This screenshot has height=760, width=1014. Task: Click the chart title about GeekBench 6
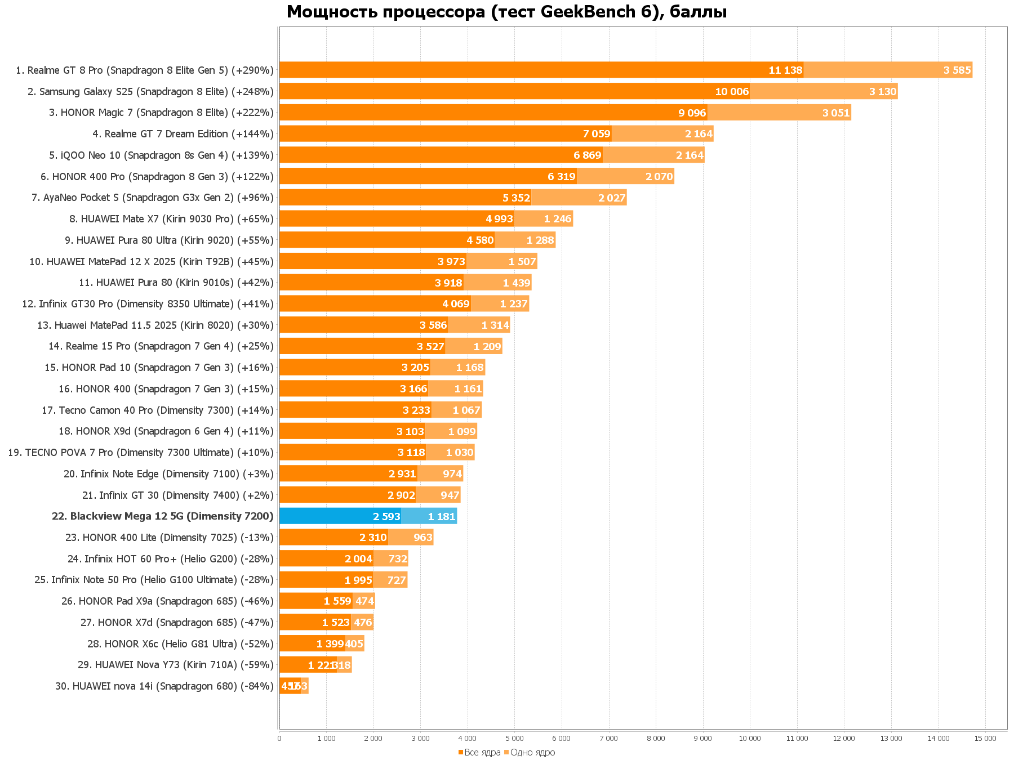point(506,12)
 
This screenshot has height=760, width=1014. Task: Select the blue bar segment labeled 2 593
point(340,516)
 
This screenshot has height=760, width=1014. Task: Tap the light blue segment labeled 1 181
point(429,516)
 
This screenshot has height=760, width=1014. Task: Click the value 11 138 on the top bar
point(785,70)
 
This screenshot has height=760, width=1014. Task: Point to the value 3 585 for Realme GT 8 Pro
point(957,70)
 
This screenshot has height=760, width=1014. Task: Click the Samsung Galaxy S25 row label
point(150,92)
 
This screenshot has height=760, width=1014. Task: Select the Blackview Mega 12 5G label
point(162,516)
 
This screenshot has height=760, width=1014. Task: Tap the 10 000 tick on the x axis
point(750,739)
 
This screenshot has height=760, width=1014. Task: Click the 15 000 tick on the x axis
point(985,739)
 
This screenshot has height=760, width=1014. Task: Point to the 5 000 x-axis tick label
point(514,739)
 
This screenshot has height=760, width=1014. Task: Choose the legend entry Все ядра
point(479,753)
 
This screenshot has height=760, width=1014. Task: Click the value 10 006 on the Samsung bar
point(732,92)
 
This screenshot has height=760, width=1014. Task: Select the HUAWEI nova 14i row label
point(164,686)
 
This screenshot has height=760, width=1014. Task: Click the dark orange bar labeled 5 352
point(405,198)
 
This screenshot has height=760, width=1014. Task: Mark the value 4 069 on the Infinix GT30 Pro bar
point(456,304)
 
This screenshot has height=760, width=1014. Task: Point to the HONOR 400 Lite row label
point(169,538)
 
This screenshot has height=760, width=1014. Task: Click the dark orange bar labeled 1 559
point(315,601)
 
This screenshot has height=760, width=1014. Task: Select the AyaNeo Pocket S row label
point(152,198)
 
